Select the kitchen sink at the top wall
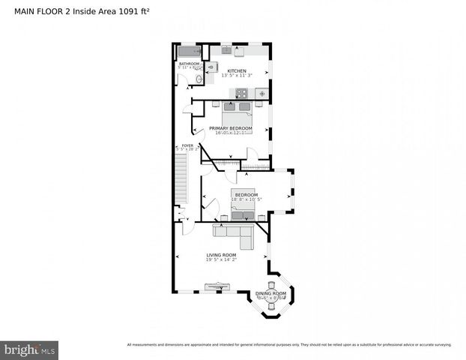(x=226, y=51)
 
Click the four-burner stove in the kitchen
(x=242, y=93)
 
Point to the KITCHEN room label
(x=236, y=70)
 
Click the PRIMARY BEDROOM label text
(x=230, y=128)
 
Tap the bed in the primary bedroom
(x=237, y=115)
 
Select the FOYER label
(x=183, y=145)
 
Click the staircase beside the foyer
(x=180, y=184)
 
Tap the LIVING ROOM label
(x=221, y=255)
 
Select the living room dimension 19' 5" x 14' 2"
(x=221, y=261)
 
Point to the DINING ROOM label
(x=270, y=293)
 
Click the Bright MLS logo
(x=30, y=349)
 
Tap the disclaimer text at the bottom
(x=289, y=345)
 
